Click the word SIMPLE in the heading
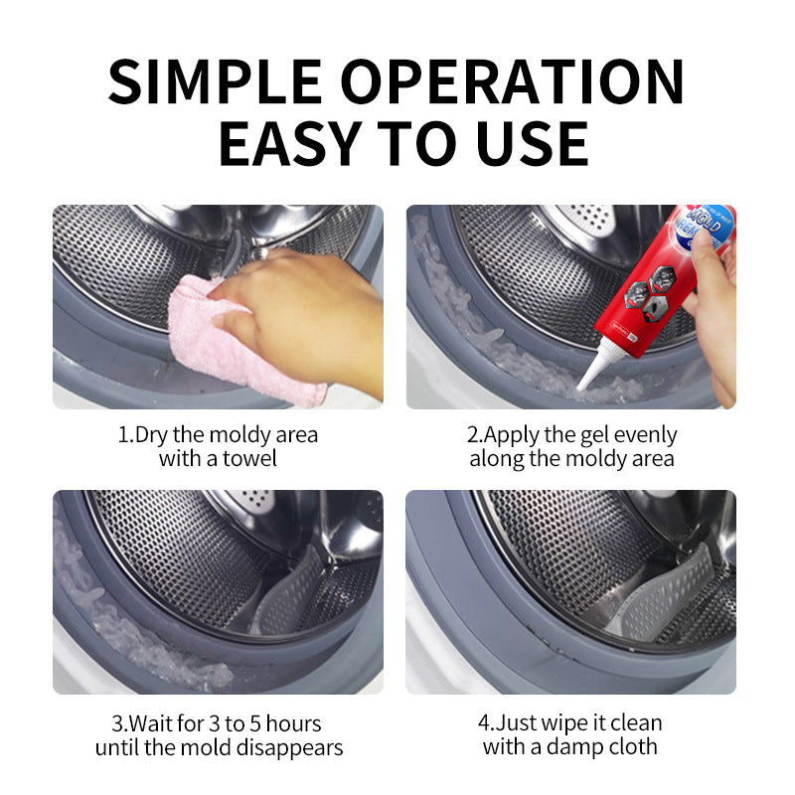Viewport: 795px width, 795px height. pyautogui.click(x=215, y=81)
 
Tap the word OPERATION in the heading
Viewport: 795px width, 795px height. pyautogui.click(x=513, y=81)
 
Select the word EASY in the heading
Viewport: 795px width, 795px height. pyautogui.click(x=289, y=143)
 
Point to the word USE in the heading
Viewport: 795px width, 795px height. pyautogui.click(x=533, y=143)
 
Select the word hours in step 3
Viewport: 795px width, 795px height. pyautogui.click(x=293, y=723)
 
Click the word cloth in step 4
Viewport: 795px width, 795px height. pyautogui.click(x=634, y=746)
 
